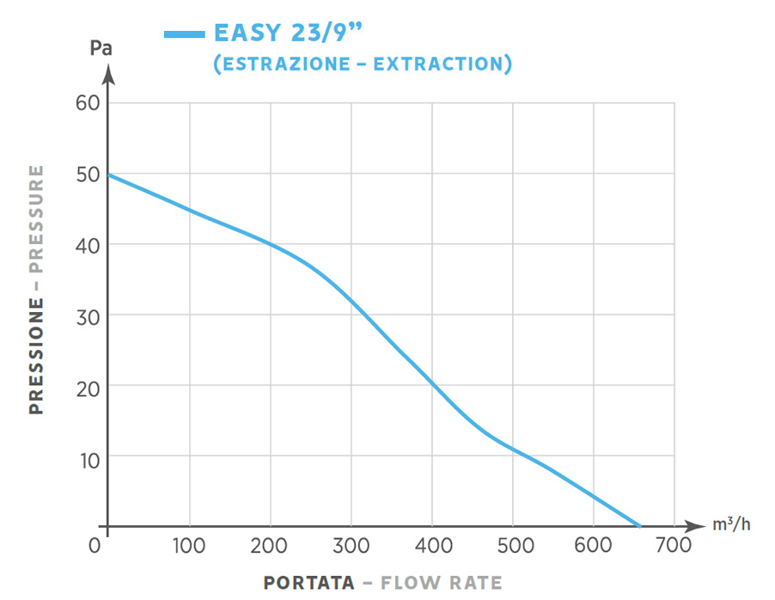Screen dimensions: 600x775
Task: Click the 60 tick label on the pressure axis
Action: pyautogui.click(x=89, y=104)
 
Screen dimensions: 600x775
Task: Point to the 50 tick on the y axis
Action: pyautogui.click(x=89, y=174)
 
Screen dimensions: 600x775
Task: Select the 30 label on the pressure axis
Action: pyautogui.click(x=89, y=316)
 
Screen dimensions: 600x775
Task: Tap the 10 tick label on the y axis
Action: pyautogui.click(x=89, y=458)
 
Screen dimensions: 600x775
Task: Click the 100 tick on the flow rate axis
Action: pyautogui.click(x=188, y=545)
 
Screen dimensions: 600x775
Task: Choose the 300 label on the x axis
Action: pyautogui.click(x=351, y=545)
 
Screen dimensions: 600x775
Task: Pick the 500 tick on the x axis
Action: pyautogui.click(x=513, y=545)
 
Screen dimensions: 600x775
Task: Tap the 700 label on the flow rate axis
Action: pyautogui.click(x=674, y=545)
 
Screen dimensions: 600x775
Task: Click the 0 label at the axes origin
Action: pyautogui.click(x=95, y=545)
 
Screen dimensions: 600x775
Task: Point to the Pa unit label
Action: pyautogui.click(x=101, y=48)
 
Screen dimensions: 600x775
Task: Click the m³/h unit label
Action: pyautogui.click(x=730, y=525)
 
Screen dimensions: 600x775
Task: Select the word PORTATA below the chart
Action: pyautogui.click(x=308, y=583)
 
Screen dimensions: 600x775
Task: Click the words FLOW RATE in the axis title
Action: pyautogui.click(x=442, y=583)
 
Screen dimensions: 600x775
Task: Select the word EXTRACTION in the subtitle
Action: pyautogui.click(x=449, y=64)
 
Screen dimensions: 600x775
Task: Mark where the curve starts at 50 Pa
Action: pyautogui.click(x=110, y=174)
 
